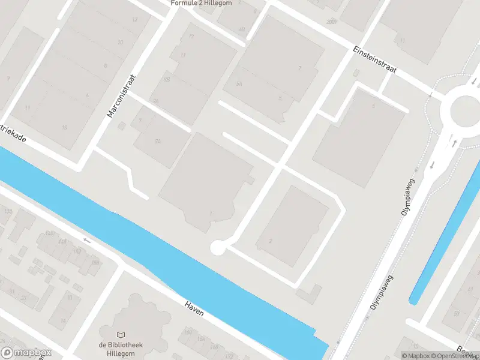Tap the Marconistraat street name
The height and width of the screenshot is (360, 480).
(x=122, y=96)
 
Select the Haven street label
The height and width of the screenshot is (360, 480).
(x=194, y=307)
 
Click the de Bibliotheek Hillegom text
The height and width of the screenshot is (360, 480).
(x=122, y=349)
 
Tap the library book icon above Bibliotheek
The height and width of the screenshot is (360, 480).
(x=122, y=335)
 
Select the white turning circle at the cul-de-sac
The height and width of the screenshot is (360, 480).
(x=217, y=247)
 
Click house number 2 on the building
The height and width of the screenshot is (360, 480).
(x=271, y=241)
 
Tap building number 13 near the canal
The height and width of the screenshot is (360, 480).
(x=64, y=127)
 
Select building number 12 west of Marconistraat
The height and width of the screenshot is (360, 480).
(x=134, y=20)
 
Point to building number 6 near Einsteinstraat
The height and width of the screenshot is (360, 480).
(x=373, y=106)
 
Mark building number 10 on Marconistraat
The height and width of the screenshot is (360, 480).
(x=120, y=43)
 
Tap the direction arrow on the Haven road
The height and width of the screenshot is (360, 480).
(x=88, y=241)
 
